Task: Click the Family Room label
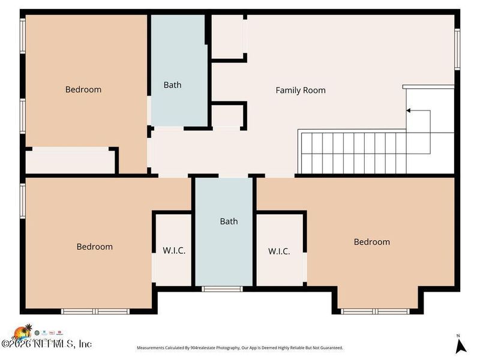pyautogui.click(x=301, y=91)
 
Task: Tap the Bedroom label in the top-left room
pyautogui.click(x=83, y=89)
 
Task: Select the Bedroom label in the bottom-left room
pyautogui.click(x=94, y=247)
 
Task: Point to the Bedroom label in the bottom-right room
pyautogui.click(x=371, y=242)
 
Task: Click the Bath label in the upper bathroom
pyautogui.click(x=172, y=85)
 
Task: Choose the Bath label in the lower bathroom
pyautogui.click(x=229, y=221)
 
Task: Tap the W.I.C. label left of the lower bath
pyautogui.click(x=174, y=251)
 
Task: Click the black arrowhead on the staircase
pyautogui.click(x=409, y=110)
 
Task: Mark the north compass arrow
pyautogui.click(x=460, y=346)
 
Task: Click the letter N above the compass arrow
pyautogui.click(x=458, y=335)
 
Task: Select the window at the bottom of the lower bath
pyautogui.click(x=222, y=289)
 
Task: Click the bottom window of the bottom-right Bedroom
pyautogui.click(x=376, y=311)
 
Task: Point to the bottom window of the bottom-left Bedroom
pyautogui.click(x=96, y=311)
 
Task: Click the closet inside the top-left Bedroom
pyautogui.click(x=70, y=161)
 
